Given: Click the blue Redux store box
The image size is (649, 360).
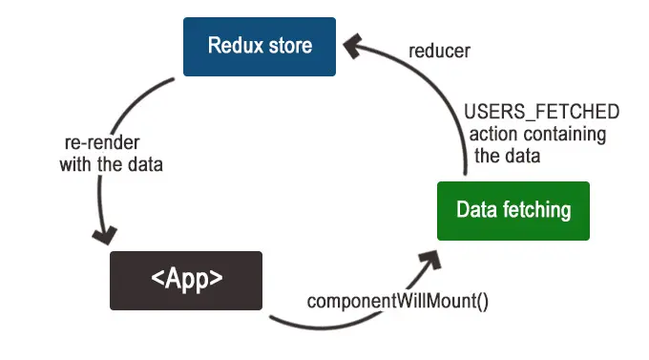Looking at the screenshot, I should click(260, 46).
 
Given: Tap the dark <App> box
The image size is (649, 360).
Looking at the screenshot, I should click(185, 280).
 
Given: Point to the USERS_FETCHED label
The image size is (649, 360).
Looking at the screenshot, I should click(541, 113).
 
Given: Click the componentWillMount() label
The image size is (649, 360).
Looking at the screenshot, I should click(397, 302).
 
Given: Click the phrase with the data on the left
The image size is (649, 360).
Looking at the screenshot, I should click(111, 164).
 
